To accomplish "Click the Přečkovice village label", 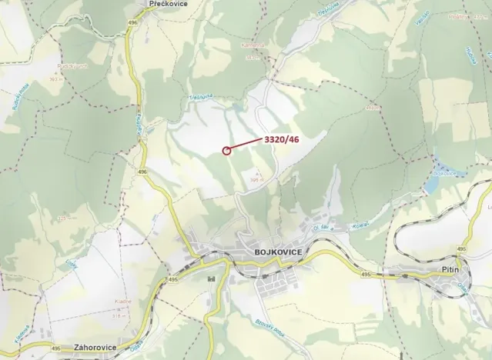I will click(x=166, y=4).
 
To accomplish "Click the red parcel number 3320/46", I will click(x=282, y=139).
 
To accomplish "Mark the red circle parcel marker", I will click(x=226, y=151).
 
